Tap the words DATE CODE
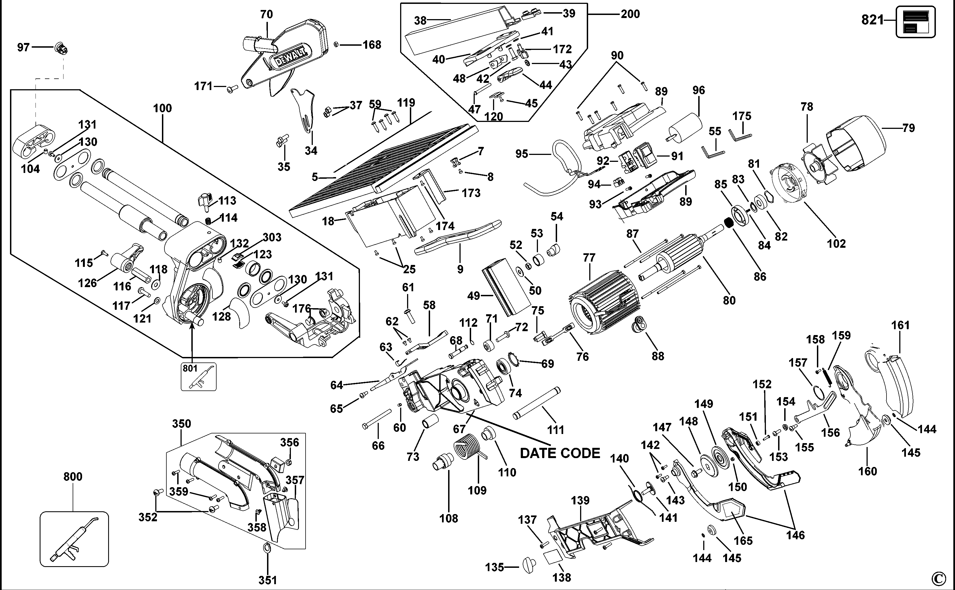560,453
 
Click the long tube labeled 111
537,403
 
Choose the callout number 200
630,14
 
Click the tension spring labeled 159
827,378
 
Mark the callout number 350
182,424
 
